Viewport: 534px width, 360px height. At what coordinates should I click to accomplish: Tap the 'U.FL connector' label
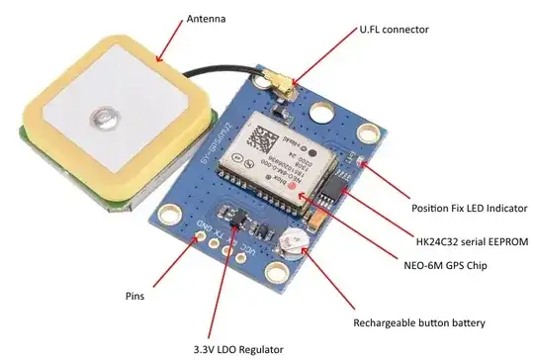(x=394, y=30)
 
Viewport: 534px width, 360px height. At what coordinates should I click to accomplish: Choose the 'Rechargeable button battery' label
(x=420, y=322)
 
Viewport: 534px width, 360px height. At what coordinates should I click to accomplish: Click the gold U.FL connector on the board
(x=285, y=92)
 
